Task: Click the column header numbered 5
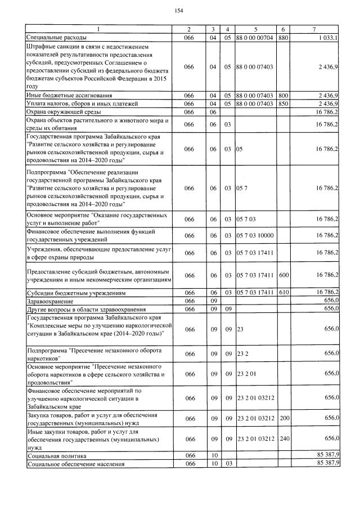click(255, 29)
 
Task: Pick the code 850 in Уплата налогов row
click(283, 104)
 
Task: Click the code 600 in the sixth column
click(283, 275)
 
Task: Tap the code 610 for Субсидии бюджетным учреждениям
click(283, 293)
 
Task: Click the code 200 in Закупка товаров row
click(283, 418)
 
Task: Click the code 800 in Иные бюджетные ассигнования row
click(283, 96)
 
